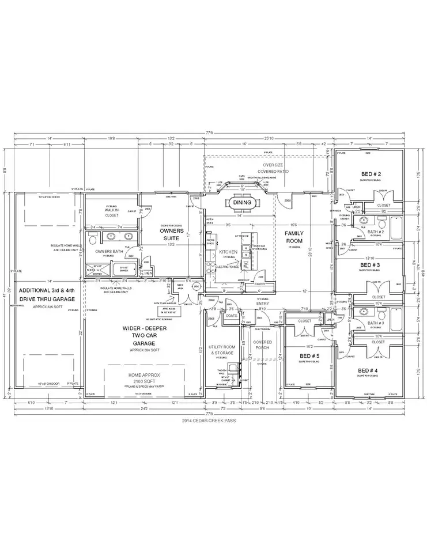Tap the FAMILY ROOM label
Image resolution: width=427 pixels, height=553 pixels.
(294, 237)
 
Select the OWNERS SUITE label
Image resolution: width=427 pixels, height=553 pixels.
(171, 234)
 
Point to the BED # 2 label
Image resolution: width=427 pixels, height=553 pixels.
(371, 173)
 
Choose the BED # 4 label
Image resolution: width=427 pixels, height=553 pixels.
(368, 370)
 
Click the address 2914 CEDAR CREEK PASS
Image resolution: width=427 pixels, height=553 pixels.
(213, 422)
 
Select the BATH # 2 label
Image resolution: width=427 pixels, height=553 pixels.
(376, 231)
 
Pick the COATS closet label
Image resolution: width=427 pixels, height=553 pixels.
(232, 315)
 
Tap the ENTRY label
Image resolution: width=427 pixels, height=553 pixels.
(263, 304)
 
